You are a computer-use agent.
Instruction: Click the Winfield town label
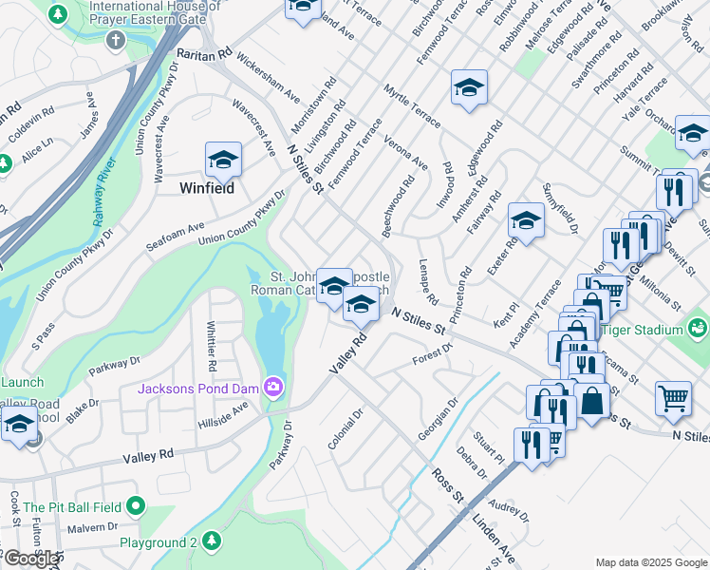(207, 188)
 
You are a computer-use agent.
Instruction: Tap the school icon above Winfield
(223, 159)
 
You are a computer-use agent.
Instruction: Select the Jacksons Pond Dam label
(198, 388)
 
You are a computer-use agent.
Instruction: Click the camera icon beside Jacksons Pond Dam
(273, 387)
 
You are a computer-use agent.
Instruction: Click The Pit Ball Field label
(73, 507)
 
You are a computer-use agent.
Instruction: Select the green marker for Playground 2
(213, 541)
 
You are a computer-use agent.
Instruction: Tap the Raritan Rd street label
(204, 56)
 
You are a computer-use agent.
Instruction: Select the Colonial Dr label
(346, 429)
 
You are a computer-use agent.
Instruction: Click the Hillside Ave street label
(222, 412)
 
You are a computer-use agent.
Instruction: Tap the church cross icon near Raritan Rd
(116, 40)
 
